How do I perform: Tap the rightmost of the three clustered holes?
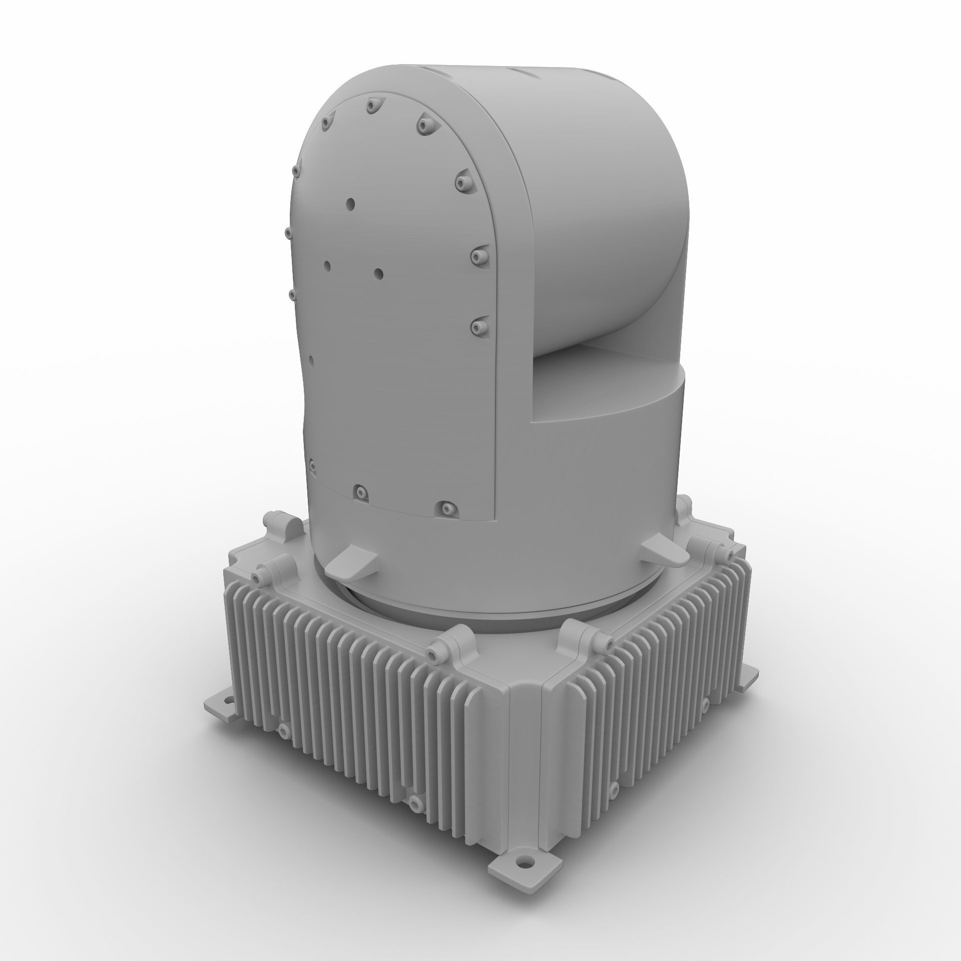pos(378,273)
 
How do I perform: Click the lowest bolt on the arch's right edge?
pos(478,327)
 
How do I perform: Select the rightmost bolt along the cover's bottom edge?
pos(445,509)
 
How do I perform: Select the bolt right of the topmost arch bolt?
pos(425,125)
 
